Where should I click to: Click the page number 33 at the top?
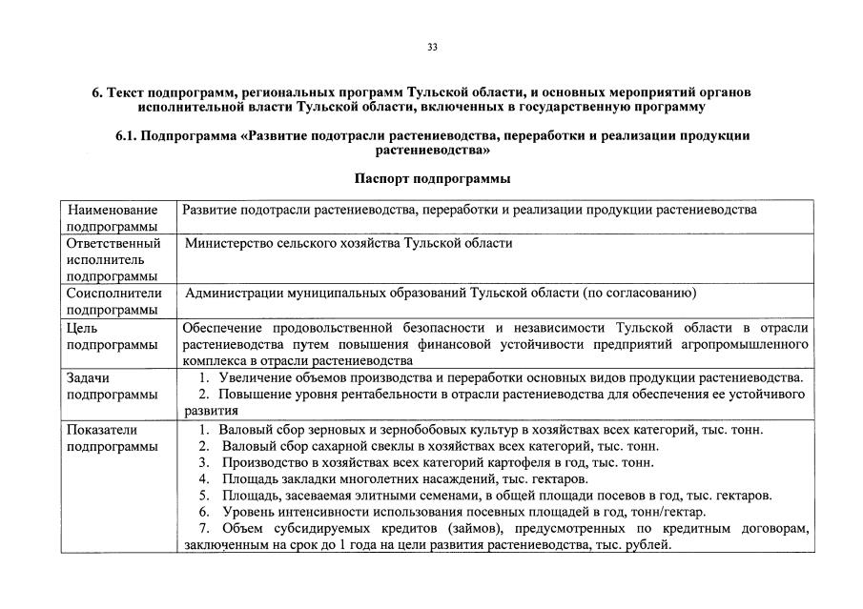click(x=432, y=47)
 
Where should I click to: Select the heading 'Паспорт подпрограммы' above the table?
click(x=432, y=178)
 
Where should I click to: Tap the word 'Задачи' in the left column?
click(x=89, y=377)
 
